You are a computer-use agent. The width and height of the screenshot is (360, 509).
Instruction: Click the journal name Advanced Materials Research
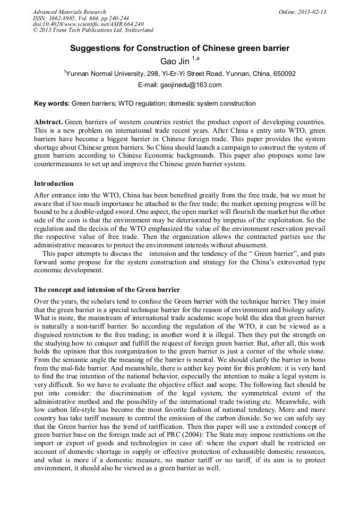pyautogui.click(x=69, y=12)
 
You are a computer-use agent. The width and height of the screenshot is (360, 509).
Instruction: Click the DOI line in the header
pyautogui.click(x=88, y=24)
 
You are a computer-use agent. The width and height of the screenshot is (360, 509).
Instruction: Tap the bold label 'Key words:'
pyautogui.click(x=52, y=103)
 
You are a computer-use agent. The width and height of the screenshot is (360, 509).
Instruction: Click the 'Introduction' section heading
pyautogui.click(x=54, y=184)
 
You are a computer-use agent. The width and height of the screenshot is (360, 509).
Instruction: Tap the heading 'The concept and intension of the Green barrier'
pyautogui.click(x=107, y=290)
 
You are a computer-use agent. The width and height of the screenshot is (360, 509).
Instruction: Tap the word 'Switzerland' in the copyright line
pyautogui.click(x=137, y=31)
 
